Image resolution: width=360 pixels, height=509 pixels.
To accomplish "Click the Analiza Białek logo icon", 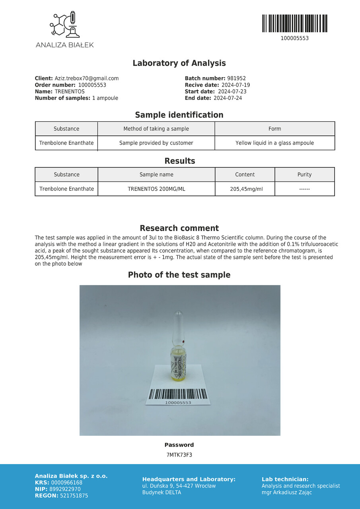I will click(x=64, y=25).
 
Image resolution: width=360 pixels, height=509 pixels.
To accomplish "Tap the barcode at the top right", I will click(x=295, y=23).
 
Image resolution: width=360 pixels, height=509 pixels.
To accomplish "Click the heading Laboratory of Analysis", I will click(x=179, y=63).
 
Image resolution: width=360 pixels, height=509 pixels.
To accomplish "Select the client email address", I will click(x=87, y=78).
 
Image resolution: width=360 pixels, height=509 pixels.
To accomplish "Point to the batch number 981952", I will click(x=236, y=78).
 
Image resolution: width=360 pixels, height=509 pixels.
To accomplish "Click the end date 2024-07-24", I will click(x=228, y=98).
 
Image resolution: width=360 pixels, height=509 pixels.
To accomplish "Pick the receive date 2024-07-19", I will click(x=235, y=85).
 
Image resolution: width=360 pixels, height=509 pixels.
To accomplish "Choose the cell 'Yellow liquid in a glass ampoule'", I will click(x=274, y=143).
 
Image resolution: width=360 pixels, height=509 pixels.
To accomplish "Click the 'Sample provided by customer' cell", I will click(x=156, y=143).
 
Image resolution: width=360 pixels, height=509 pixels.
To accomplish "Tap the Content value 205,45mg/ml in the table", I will click(x=246, y=189).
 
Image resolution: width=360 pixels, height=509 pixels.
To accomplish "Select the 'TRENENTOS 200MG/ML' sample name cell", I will click(x=156, y=189).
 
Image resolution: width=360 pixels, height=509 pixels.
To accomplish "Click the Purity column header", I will click(x=304, y=175).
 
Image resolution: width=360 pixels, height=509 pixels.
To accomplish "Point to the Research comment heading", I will click(x=179, y=228).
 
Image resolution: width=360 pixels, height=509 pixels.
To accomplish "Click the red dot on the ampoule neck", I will click(x=183, y=342).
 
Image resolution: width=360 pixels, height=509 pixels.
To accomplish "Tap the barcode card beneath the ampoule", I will click(x=178, y=395).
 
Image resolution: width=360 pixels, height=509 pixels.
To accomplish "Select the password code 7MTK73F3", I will click(x=179, y=455).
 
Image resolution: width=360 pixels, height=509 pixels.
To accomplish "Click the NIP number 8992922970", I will click(x=66, y=489).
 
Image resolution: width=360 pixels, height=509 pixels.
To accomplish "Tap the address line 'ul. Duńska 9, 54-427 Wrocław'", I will click(x=179, y=486).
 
